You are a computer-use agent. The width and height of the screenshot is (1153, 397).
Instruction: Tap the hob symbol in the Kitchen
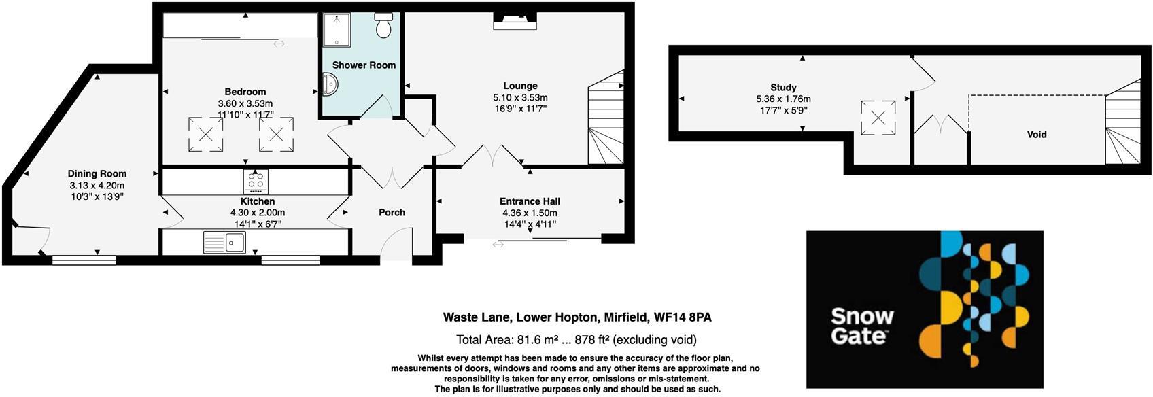pyautogui.click(x=256, y=182)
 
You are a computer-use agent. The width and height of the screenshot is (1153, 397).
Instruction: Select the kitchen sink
pyautogui.click(x=224, y=242)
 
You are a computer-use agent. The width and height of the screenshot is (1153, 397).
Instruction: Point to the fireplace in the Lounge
pyautogui.click(x=515, y=22)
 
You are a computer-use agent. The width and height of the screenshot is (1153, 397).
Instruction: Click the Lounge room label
pyautogui.click(x=520, y=86)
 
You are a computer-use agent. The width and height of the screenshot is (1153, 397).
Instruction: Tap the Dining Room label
pyautogui.click(x=97, y=174)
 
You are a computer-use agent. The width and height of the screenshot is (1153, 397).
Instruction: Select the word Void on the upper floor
pyautogui.click(x=1036, y=135)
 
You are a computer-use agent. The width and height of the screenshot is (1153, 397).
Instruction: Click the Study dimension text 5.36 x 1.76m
pyautogui.click(x=783, y=99)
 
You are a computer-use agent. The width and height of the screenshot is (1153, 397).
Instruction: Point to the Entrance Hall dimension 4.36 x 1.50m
pyautogui.click(x=530, y=213)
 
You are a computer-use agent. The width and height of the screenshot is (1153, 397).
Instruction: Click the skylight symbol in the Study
pyautogui.click(x=878, y=118)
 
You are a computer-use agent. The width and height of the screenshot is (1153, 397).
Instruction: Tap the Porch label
pyautogui.click(x=392, y=213)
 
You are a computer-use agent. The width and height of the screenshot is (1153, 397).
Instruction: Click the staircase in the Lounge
pyautogui.click(x=605, y=122)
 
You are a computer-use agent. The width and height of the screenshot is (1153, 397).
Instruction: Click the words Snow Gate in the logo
pyautogui.click(x=862, y=326)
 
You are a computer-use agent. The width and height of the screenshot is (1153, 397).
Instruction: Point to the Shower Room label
pyautogui.click(x=364, y=65)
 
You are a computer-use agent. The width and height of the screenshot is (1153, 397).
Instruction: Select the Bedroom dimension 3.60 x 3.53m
pyautogui.click(x=245, y=103)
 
